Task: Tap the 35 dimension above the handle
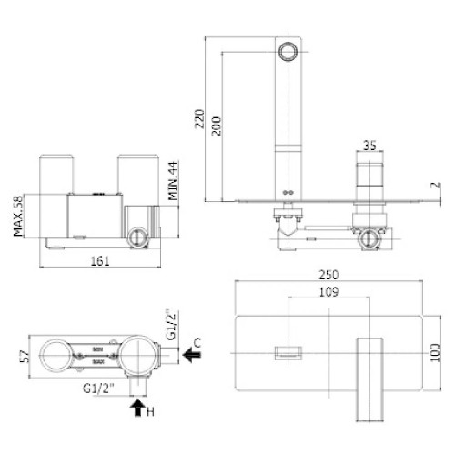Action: point(369,145)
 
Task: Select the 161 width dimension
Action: point(101,262)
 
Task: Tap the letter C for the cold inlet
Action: point(209,344)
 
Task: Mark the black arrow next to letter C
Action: point(193,356)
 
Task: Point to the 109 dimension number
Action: point(330,293)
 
